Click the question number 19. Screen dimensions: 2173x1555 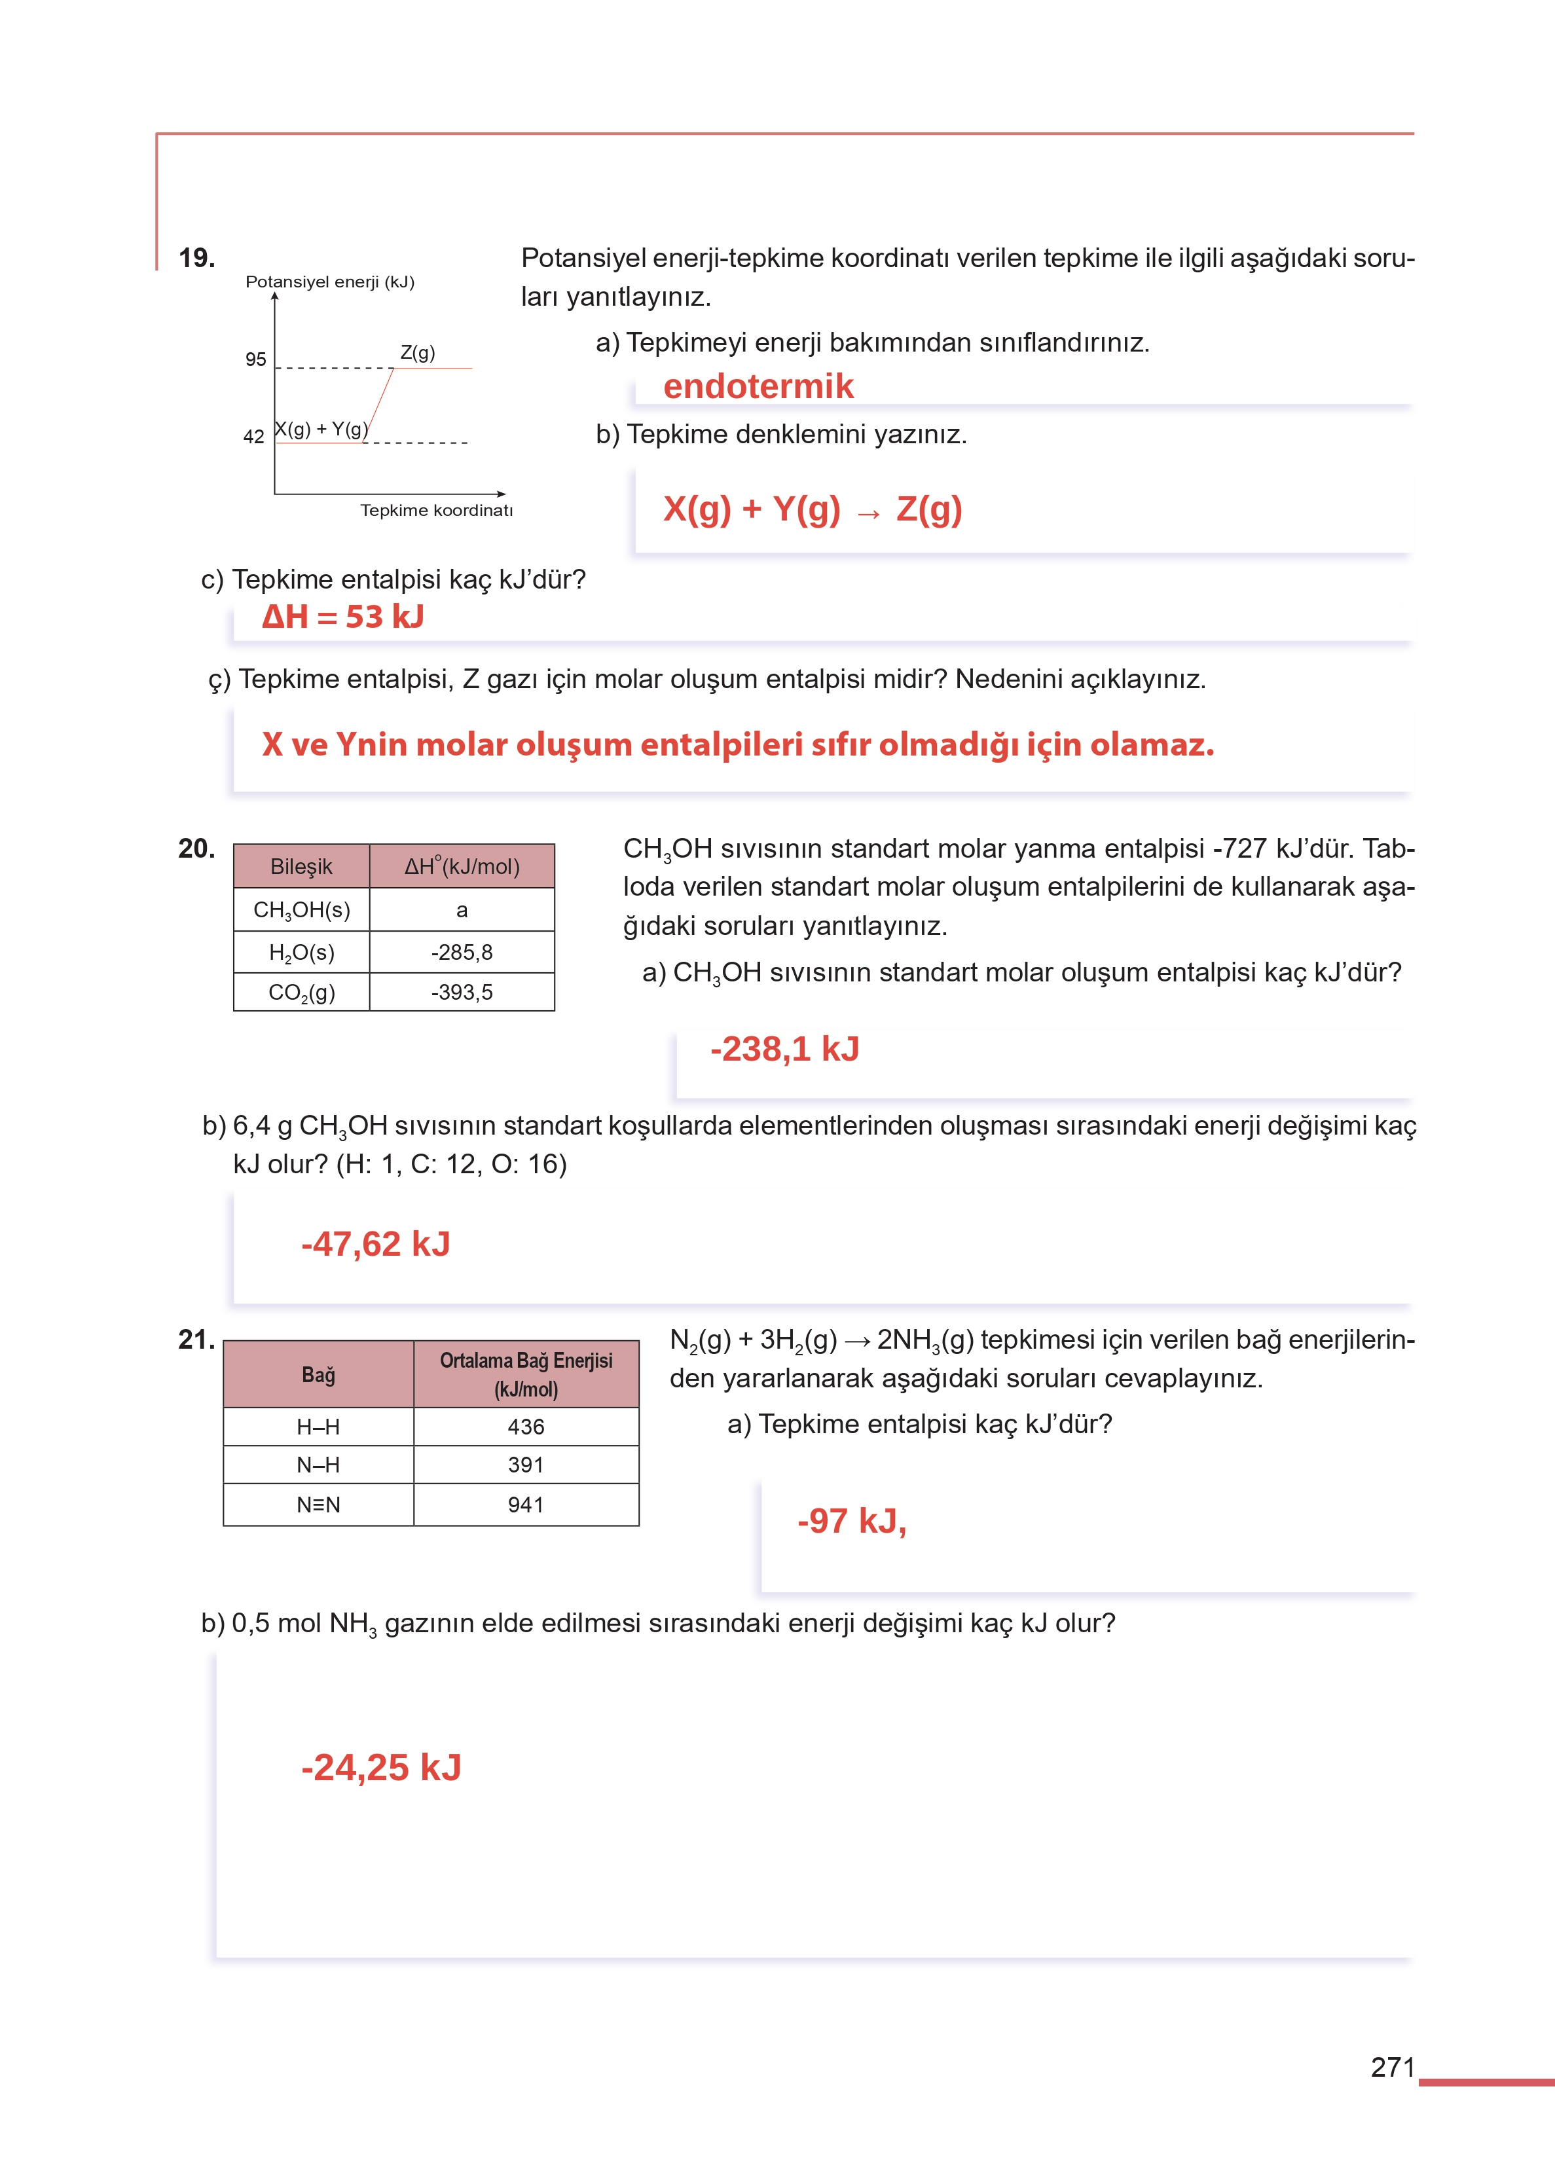click(196, 257)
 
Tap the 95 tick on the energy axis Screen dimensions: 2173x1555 click(255, 360)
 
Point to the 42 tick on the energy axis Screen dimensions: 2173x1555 click(254, 437)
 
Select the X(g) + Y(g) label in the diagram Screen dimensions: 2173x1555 click(321, 429)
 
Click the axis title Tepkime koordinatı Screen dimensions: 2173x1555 click(437, 510)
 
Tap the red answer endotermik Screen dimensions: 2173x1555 click(758, 386)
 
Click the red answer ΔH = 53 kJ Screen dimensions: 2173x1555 click(343, 617)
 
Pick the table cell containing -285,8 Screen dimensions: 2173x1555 click(462, 953)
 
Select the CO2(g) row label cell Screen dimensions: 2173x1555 click(302, 993)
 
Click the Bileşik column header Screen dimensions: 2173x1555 click(302, 866)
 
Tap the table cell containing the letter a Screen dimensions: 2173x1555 click(462, 910)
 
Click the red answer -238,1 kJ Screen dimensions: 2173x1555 click(784, 1049)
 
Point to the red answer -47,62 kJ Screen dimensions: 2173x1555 click(375, 1243)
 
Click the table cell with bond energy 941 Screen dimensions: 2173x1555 click(526, 1505)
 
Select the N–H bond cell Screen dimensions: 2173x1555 click(318, 1465)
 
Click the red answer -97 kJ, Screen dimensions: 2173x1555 click(851, 1520)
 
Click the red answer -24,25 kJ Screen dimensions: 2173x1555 click(381, 1767)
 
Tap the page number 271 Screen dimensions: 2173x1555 click(1392, 2068)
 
